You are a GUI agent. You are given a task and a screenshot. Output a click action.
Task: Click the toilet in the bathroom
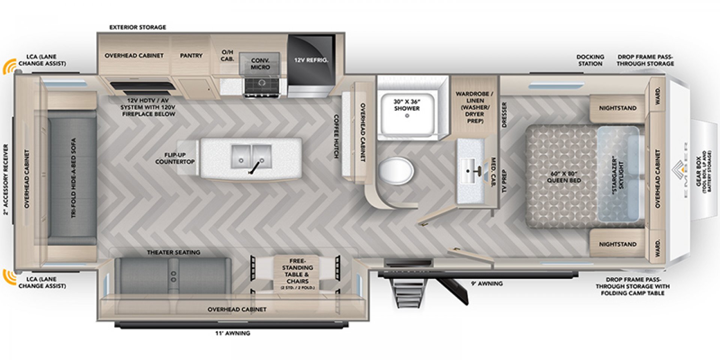[x=396, y=171]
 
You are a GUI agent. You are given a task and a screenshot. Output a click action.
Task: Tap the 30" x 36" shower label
[x=406, y=105]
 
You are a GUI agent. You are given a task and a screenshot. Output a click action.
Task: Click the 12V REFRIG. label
[x=311, y=60]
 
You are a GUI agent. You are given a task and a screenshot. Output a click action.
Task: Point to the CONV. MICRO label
[x=260, y=64]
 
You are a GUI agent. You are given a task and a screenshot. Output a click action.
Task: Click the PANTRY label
[x=191, y=55]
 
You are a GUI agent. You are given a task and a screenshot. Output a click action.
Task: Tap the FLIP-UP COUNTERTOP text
[x=175, y=158]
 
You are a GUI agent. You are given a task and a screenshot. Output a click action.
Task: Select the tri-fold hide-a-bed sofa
[x=72, y=178]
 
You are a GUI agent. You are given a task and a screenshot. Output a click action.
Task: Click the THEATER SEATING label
[x=173, y=252]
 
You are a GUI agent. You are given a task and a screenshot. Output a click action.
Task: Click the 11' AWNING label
[x=232, y=333]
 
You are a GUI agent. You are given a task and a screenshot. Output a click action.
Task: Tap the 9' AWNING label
[x=487, y=283]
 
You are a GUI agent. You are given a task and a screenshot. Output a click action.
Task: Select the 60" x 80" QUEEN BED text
[x=563, y=177]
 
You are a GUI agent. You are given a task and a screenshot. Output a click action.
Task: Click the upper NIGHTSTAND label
[x=617, y=108]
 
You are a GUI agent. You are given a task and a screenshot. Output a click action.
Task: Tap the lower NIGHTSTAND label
[x=617, y=244]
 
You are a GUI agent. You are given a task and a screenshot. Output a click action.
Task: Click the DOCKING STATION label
[x=590, y=60]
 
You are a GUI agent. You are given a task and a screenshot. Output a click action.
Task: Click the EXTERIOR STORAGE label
[x=138, y=27]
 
